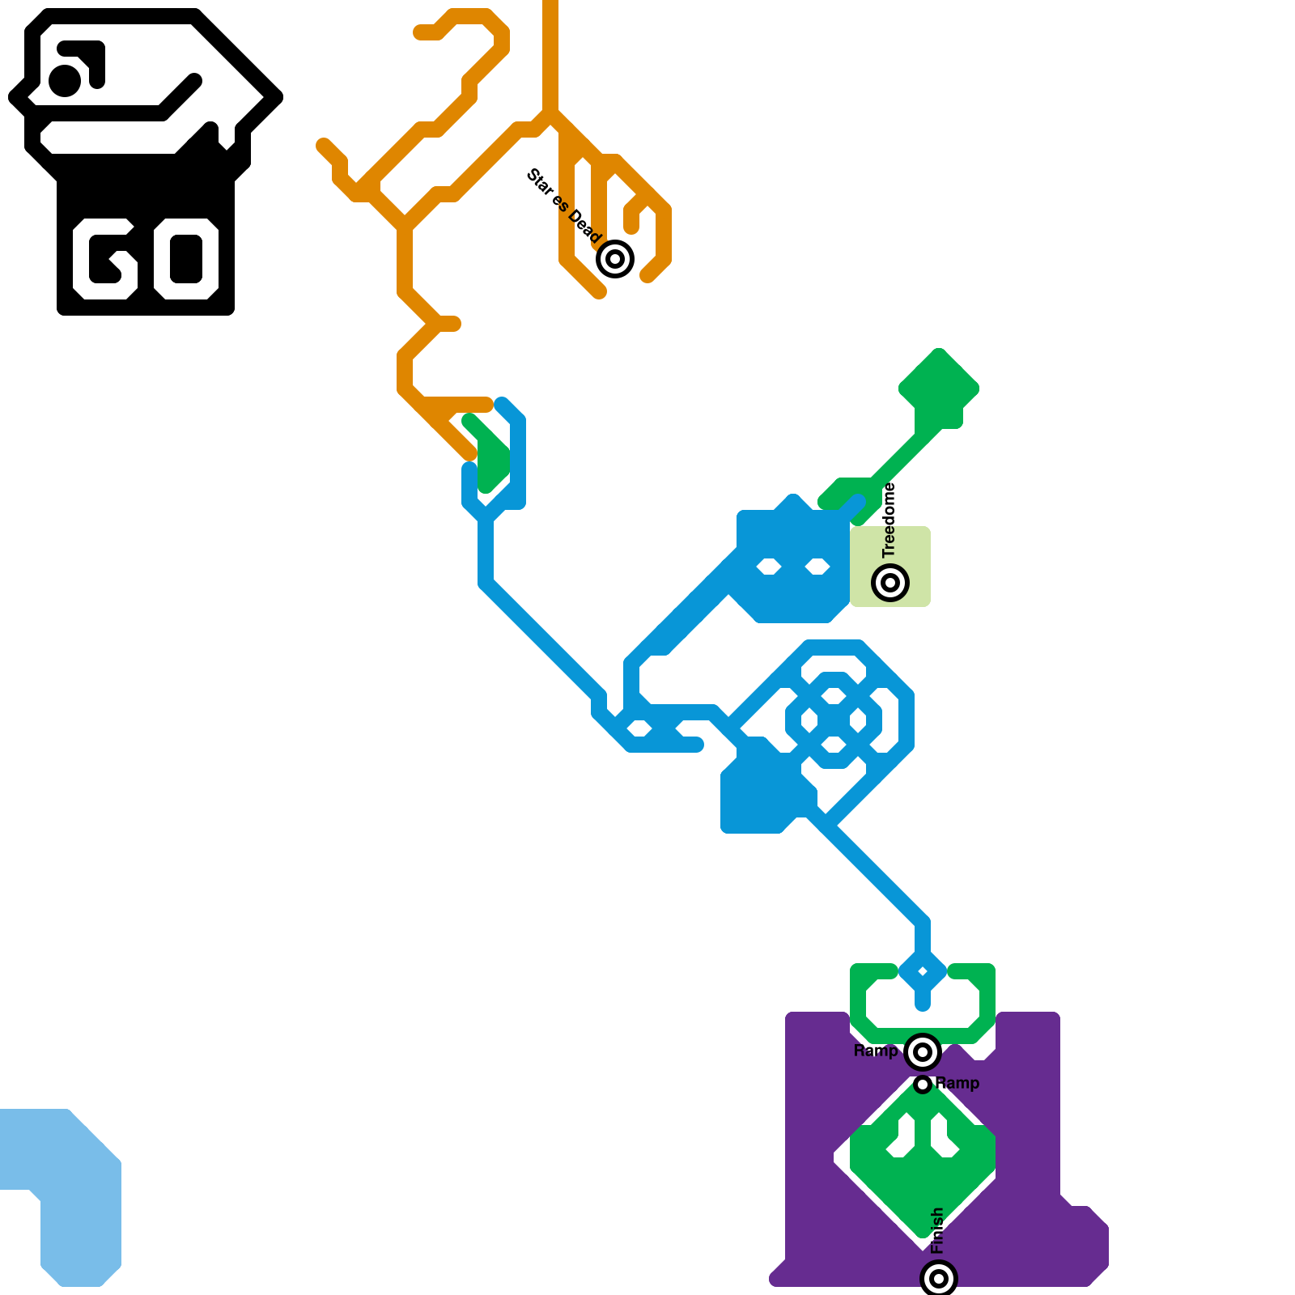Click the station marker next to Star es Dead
[x=615, y=259]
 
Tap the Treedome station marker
[x=890, y=582]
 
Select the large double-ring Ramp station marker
[x=922, y=1052]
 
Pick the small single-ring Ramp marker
[x=923, y=1084]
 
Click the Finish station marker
[x=939, y=1279]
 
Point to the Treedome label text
[x=890, y=520]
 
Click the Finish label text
[x=938, y=1231]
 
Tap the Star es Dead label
[x=564, y=206]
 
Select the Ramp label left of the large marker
[x=876, y=1051]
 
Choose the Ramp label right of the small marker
[x=957, y=1083]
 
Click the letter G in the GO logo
[x=105, y=259]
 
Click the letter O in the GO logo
[x=186, y=259]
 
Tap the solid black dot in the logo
[x=65, y=80]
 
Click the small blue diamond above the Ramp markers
[x=923, y=971]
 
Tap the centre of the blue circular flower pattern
[x=833, y=719]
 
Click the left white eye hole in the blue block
[x=768, y=567]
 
